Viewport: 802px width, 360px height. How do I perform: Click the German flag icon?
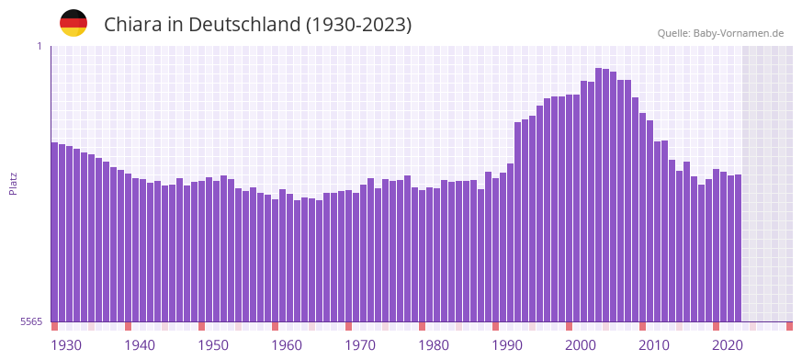pyautogui.click(x=73, y=23)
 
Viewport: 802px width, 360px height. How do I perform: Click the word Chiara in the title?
pyautogui.click(x=134, y=25)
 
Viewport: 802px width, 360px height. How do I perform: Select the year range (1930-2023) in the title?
pyautogui.click(x=358, y=25)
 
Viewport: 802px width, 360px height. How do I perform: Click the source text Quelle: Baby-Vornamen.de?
pyautogui.click(x=720, y=33)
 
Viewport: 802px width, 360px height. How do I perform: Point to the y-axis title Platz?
pyautogui.click(x=13, y=183)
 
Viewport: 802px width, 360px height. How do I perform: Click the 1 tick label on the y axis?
pyautogui.click(x=40, y=46)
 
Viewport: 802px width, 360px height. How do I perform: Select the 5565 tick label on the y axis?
pyautogui.click(x=30, y=321)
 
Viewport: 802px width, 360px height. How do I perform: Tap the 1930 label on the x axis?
pyautogui.click(x=66, y=345)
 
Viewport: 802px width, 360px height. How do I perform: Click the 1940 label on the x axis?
pyautogui.click(x=140, y=345)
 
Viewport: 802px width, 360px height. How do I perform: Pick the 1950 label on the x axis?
pyautogui.click(x=213, y=345)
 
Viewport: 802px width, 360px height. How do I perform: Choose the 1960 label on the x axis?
pyautogui.click(x=287, y=345)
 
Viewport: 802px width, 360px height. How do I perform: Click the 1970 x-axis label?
pyautogui.click(x=360, y=345)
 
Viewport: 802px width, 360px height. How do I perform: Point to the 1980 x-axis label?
pyautogui.click(x=434, y=345)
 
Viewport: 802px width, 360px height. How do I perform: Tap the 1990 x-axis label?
pyautogui.click(x=507, y=345)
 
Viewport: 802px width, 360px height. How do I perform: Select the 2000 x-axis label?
pyautogui.click(x=581, y=345)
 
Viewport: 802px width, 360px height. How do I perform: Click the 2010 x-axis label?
pyautogui.click(x=654, y=345)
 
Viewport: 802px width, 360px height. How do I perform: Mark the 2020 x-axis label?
pyautogui.click(x=728, y=345)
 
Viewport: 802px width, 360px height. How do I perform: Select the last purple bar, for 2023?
pyautogui.click(x=738, y=248)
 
